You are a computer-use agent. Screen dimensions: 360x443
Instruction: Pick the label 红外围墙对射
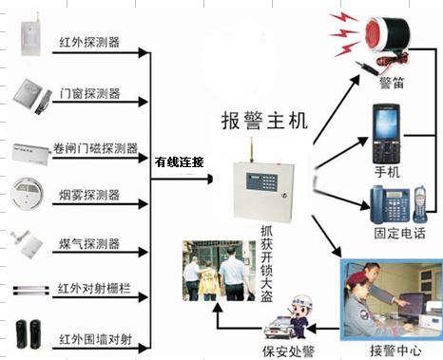click(x=96, y=339)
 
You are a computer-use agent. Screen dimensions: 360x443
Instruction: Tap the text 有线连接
click(x=179, y=161)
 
